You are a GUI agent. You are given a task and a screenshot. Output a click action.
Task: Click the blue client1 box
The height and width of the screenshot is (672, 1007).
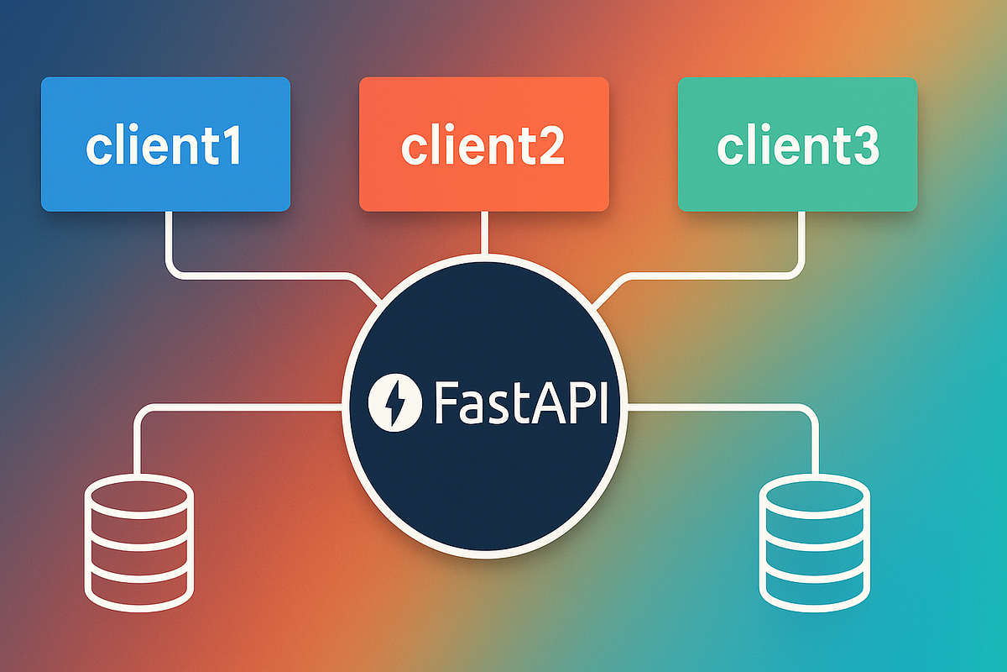click(x=165, y=144)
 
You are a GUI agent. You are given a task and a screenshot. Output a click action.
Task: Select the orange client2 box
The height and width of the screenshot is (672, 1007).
click(x=483, y=144)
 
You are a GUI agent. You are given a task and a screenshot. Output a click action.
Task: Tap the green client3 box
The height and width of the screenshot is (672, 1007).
click(x=797, y=144)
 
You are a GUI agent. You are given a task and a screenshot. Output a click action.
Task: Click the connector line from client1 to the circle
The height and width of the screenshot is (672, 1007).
click(x=252, y=274)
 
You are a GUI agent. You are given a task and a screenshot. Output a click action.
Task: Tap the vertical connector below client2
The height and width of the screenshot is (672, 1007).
click(x=484, y=233)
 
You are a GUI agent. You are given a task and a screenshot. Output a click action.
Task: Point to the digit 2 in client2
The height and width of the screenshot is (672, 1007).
click(x=550, y=146)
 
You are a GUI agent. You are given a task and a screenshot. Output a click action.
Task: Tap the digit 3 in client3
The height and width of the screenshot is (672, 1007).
click(x=864, y=146)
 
